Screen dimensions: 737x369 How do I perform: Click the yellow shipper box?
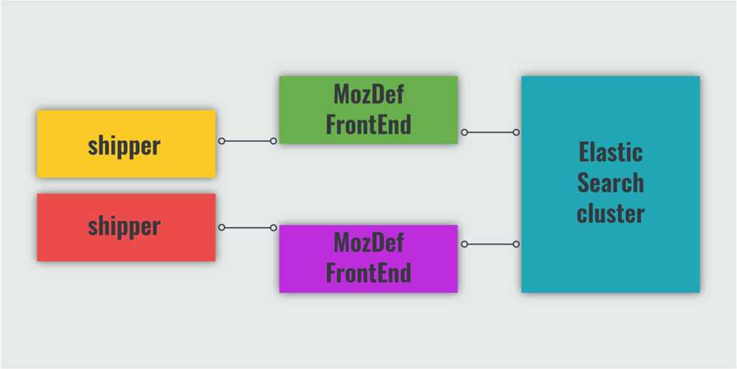tap(126, 144)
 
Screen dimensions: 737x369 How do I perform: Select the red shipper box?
tap(126, 227)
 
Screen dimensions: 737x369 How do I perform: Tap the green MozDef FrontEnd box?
tap(368, 110)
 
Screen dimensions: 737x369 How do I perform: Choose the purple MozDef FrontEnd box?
tap(368, 259)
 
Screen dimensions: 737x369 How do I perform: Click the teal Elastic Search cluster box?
tap(611, 184)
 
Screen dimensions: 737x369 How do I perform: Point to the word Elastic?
tap(611, 151)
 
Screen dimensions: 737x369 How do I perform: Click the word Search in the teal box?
tap(611, 182)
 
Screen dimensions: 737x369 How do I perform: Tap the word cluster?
tap(611, 213)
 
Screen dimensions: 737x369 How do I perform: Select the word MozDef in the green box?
tap(368, 94)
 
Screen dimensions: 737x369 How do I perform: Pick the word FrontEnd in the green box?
tap(368, 125)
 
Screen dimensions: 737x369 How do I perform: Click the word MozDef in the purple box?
tap(368, 243)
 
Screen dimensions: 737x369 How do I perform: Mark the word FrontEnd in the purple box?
tap(368, 273)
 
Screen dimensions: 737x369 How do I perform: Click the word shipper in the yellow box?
tap(124, 146)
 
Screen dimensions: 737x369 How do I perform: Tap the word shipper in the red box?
tap(124, 227)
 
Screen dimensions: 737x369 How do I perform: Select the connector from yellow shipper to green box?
tap(247, 141)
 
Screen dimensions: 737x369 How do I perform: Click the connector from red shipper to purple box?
tap(247, 228)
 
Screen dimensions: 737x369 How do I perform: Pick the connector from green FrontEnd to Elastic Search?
tap(490, 132)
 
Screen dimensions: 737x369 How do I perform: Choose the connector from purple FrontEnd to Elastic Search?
tap(490, 244)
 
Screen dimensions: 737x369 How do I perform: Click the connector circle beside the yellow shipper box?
tap(222, 141)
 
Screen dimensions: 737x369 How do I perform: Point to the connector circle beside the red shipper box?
tap(222, 228)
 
